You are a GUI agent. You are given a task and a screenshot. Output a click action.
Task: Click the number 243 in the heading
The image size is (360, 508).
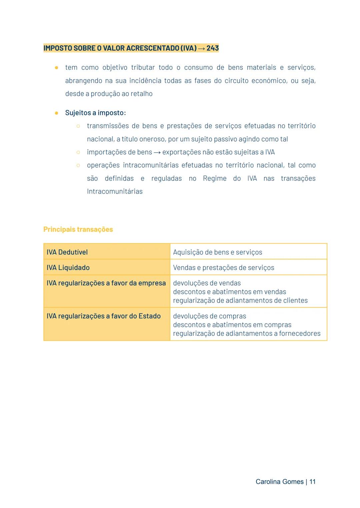point(212,48)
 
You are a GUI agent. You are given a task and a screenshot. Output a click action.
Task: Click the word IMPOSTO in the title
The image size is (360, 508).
point(58,48)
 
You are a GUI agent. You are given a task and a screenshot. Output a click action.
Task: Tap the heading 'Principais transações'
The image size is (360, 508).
point(78,229)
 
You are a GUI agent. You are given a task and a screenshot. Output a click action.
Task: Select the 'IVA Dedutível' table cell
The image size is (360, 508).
point(67,252)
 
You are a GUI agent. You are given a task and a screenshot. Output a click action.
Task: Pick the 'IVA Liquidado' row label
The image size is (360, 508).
point(68,267)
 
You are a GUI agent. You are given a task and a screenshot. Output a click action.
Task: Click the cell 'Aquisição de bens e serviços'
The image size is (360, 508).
point(217,252)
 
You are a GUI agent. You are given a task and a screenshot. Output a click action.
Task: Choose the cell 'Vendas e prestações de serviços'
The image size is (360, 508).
point(223,267)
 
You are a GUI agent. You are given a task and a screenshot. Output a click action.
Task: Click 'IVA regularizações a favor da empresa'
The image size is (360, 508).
point(106,283)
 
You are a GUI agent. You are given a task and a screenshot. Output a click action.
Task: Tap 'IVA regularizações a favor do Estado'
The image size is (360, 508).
point(103,316)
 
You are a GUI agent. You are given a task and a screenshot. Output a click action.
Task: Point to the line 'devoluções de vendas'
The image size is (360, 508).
point(207,283)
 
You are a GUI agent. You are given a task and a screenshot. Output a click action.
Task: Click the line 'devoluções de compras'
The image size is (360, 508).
point(209,316)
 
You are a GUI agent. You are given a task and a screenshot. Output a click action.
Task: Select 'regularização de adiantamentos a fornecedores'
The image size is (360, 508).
point(246,333)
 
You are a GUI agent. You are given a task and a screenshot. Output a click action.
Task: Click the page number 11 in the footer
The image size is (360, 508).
point(312,481)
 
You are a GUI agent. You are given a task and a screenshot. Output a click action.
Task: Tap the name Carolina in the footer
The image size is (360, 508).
point(268,481)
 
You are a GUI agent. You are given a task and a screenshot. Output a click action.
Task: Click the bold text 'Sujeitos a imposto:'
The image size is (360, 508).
point(95,113)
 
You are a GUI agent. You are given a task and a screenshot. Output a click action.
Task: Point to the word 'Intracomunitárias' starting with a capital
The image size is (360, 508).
point(115,191)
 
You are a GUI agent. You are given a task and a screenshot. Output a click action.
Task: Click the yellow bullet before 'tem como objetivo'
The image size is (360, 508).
point(57,68)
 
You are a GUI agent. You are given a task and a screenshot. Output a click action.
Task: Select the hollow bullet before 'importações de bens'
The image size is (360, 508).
point(78,152)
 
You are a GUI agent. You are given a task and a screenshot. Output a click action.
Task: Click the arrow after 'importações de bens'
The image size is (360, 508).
point(157,153)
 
